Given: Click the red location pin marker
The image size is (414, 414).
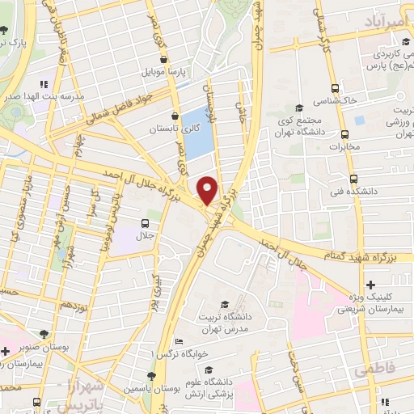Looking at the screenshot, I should [208, 189].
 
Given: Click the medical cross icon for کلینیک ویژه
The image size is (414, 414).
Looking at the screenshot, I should [370, 285].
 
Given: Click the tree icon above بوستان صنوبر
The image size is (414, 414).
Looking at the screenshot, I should [44, 333].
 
